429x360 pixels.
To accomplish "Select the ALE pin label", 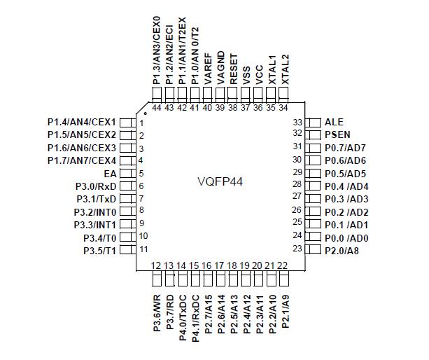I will (335, 121).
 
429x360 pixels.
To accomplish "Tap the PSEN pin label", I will (337, 134).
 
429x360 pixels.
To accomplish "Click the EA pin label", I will (110, 173).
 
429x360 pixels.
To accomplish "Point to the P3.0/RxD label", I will (95, 186).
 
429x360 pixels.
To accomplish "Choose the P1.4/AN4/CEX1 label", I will (81, 122).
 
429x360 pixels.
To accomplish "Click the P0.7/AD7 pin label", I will (346, 147).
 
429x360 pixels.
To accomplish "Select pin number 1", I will (141, 122).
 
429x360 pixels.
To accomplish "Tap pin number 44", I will (156, 107).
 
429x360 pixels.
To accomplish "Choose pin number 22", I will (283, 265).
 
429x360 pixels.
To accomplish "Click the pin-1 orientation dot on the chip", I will (146, 112).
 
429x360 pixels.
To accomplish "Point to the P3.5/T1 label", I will (99, 250).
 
